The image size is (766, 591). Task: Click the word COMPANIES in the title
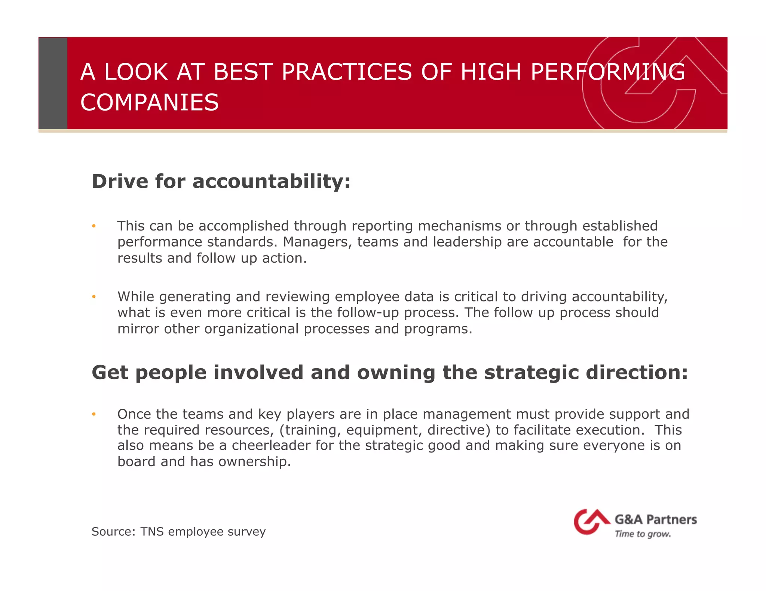[149, 103]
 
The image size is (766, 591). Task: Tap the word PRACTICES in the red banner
[346, 72]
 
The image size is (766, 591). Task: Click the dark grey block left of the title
[53, 83]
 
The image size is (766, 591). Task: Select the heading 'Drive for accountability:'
[221, 182]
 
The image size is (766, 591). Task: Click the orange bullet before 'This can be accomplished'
[94, 226]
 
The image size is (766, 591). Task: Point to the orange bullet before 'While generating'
[94, 297]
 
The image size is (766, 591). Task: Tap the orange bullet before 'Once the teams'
[94, 414]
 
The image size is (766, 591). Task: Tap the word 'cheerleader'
[271, 446]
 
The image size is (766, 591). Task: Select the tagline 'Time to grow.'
[643, 534]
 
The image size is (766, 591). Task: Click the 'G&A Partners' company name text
[655, 520]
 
